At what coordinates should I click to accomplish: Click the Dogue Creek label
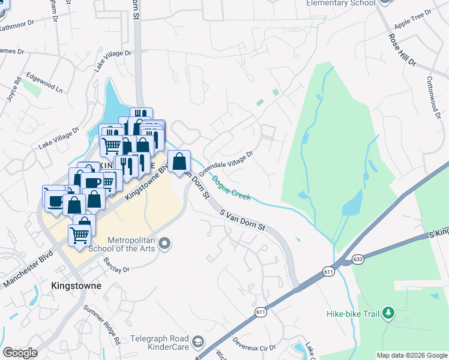(231, 187)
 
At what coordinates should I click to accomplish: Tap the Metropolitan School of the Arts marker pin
(166, 244)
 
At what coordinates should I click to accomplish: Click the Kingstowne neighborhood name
(76, 286)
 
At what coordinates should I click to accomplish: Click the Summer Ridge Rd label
(102, 325)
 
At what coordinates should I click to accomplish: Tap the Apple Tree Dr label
(413, 20)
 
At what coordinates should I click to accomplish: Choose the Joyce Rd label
(14, 88)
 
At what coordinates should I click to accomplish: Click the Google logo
(20, 352)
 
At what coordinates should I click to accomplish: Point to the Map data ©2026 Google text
(411, 355)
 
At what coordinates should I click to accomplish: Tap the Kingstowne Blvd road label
(144, 182)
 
